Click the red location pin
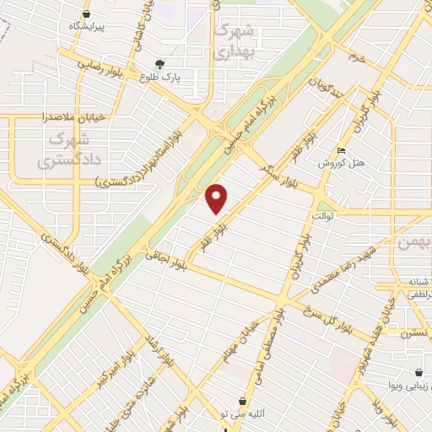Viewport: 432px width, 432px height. click(x=218, y=198)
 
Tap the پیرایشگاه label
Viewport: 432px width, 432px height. click(x=86, y=27)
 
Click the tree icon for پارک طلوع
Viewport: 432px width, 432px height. click(x=160, y=63)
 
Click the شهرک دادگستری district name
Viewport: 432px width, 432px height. click(x=62, y=148)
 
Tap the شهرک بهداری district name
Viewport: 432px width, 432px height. click(x=233, y=39)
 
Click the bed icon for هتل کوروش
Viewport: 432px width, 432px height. click(x=340, y=150)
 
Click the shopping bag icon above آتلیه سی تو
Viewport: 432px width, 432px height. click(x=243, y=401)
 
